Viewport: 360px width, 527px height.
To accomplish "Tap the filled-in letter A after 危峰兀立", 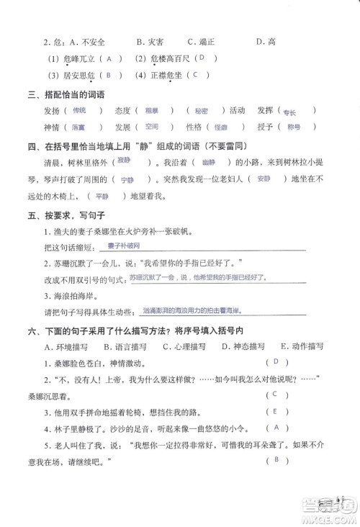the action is [109, 59].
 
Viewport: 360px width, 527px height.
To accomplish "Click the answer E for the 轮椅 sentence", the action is [274, 411].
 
